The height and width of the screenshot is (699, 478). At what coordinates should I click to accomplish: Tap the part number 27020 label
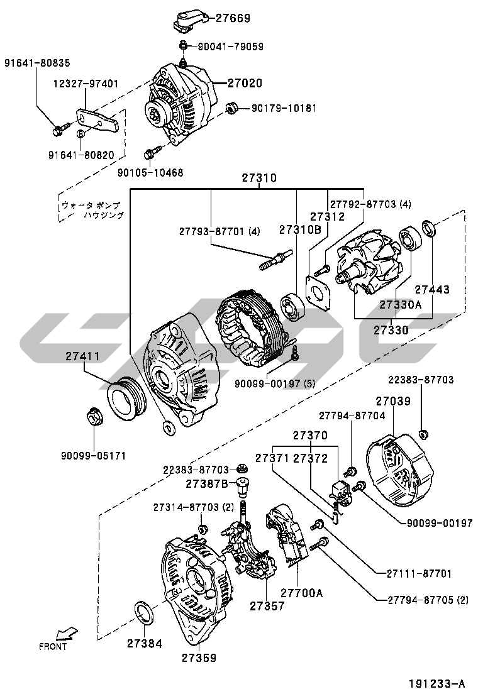[245, 83]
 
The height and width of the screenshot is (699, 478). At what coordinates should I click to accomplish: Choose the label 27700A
[301, 592]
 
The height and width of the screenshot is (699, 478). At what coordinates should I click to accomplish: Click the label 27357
[267, 606]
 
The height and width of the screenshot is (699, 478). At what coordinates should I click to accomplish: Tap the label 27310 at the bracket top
[258, 179]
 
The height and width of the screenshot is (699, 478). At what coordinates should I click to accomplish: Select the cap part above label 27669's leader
[187, 21]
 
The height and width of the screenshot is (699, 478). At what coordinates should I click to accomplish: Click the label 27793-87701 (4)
[218, 231]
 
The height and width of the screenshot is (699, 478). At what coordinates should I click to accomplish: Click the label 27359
[199, 658]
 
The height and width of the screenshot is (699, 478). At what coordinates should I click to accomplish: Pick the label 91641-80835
[38, 63]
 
